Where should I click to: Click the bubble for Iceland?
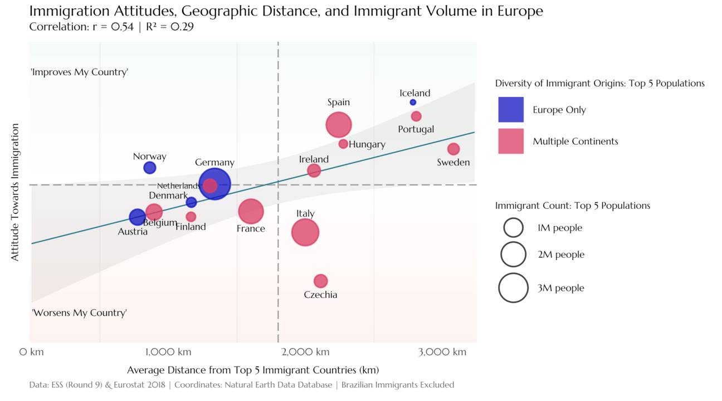[413, 102]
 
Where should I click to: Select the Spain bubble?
[339, 124]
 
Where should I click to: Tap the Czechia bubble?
[320, 281]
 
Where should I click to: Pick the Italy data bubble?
[305, 232]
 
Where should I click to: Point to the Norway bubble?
[150, 168]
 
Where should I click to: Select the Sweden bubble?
[453, 149]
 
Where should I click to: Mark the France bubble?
[251, 211]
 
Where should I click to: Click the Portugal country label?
[416, 129]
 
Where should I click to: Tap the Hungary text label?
[367, 144]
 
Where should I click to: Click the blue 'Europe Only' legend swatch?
[511, 110]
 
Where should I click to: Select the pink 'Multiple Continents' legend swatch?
[511, 141]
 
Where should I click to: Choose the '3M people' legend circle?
[513, 288]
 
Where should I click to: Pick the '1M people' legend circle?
[513, 227]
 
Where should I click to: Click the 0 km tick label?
[32, 352]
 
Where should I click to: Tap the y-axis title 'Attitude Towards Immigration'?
[15, 192]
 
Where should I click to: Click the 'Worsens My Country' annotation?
[79, 312]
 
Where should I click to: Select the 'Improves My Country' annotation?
[80, 72]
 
